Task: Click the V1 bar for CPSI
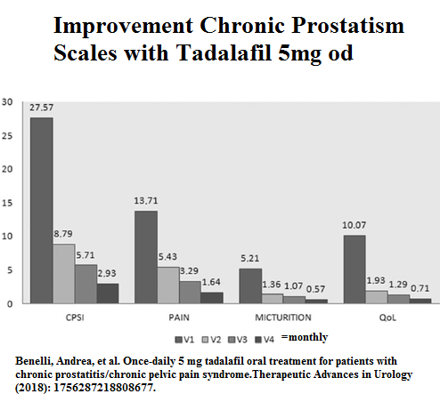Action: click(41, 211)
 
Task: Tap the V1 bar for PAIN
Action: click(145, 257)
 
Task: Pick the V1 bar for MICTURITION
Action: click(250, 285)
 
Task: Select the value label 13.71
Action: click(146, 202)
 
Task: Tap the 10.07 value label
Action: click(354, 227)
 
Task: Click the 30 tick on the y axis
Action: click(7, 101)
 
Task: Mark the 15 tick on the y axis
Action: click(7, 203)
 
